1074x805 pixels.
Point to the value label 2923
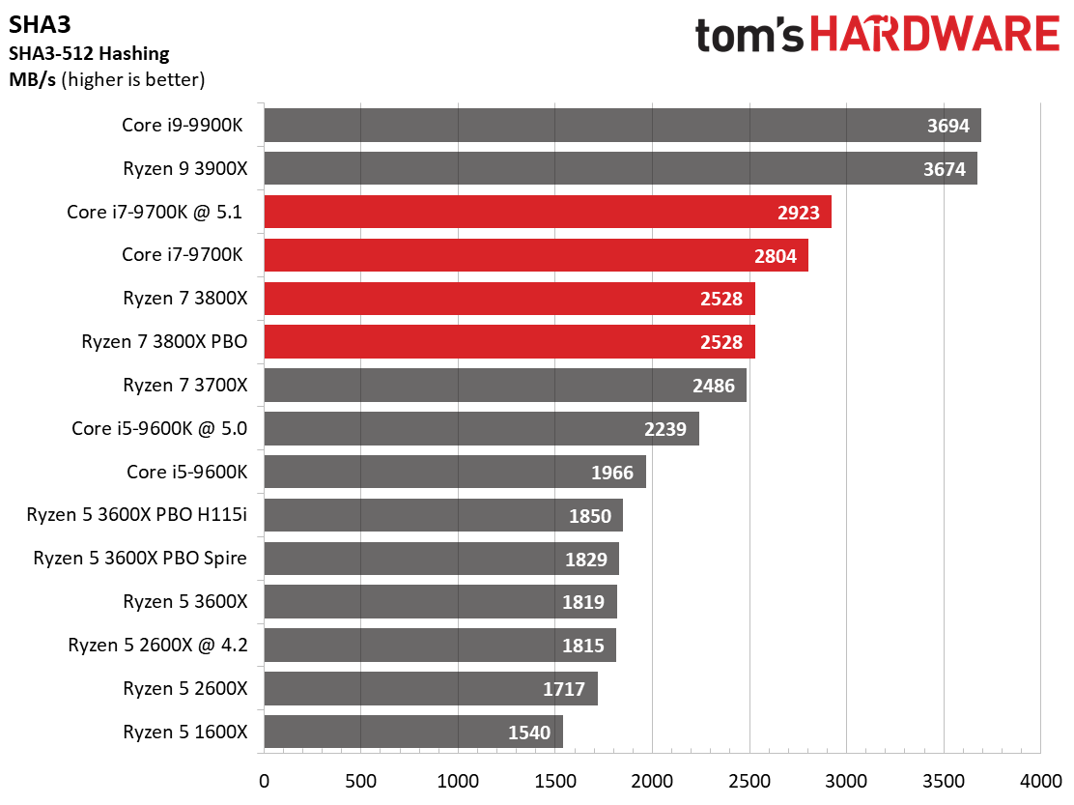coord(798,213)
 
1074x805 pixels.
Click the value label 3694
coord(947,126)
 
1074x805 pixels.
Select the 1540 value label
coord(529,733)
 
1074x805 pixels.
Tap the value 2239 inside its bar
coord(665,429)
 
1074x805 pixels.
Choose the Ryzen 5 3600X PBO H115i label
coord(137,515)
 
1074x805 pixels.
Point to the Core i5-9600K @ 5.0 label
coord(159,428)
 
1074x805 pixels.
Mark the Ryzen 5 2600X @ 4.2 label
coord(157,645)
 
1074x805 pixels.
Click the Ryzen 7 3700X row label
coord(185,385)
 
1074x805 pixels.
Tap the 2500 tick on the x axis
coord(749,779)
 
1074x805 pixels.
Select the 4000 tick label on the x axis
coord(1040,779)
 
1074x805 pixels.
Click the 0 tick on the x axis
coord(264,779)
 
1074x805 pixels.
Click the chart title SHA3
coord(35,23)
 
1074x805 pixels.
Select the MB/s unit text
coord(32,79)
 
